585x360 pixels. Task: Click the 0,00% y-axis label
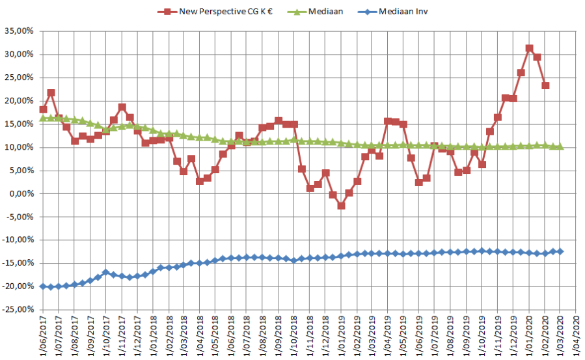pyautogui.click(x=20, y=194)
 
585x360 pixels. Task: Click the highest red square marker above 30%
pyautogui.click(x=529, y=48)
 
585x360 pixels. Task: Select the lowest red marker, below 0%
pyautogui.click(x=341, y=206)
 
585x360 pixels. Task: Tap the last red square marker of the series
pyautogui.click(x=545, y=85)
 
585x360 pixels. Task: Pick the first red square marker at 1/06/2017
pyautogui.click(x=43, y=109)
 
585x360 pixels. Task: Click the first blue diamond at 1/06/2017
pyautogui.click(x=43, y=286)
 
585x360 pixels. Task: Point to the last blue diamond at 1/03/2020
pyautogui.click(x=560, y=251)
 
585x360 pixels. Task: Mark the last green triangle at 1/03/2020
pyautogui.click(x=560, y=146)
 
